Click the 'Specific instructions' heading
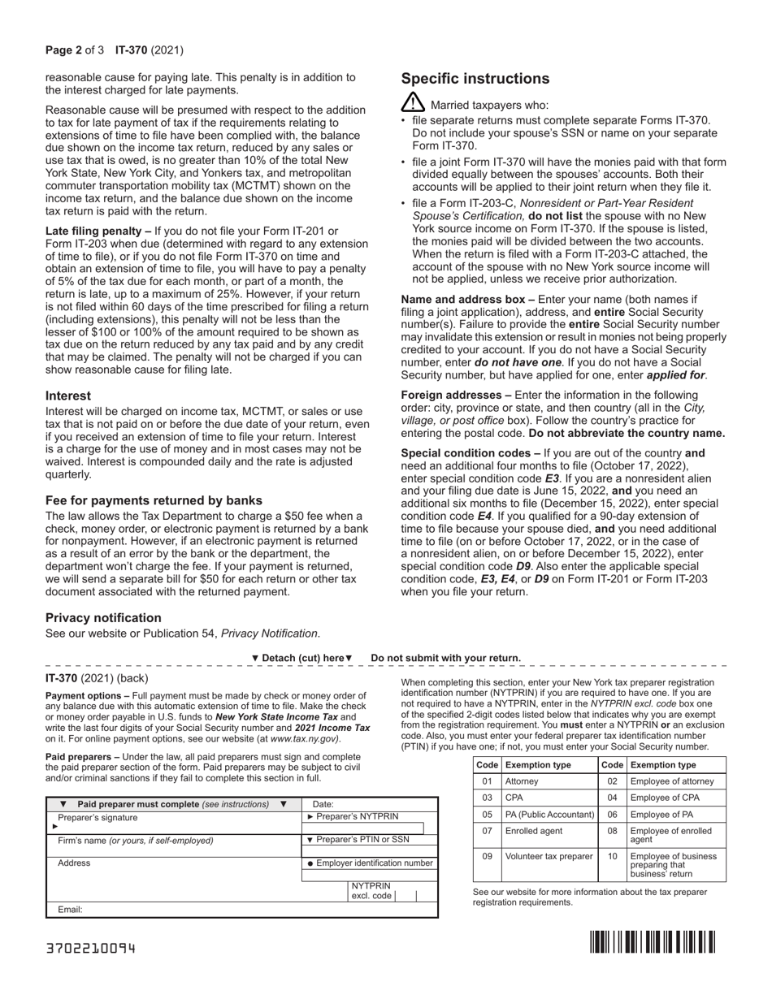tap(475, 79)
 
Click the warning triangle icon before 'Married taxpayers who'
tap(413, 103)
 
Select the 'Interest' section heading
tap(68, 396)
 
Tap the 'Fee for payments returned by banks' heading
tap(154, 500)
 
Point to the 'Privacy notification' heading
tap(103, 617)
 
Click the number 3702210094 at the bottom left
tap(91, 948)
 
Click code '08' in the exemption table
tap(613, 831)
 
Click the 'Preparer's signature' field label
tap(98, 818)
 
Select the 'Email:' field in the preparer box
tap(70, 910)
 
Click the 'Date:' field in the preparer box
tap(323, 804)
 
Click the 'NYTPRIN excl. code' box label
tap(371, 890)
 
